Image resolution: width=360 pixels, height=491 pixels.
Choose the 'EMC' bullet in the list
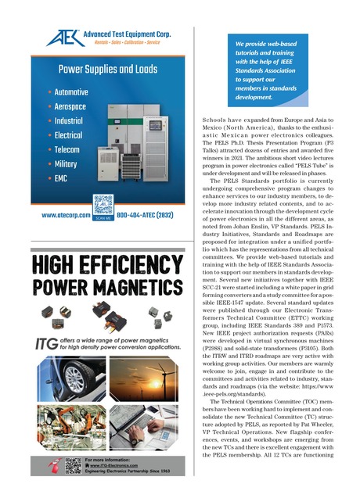coord(65,178)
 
